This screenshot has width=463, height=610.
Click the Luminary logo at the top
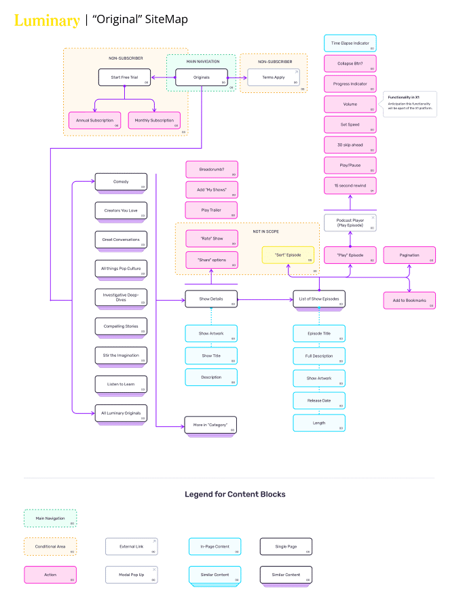47,20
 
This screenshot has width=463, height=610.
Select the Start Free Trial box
124,78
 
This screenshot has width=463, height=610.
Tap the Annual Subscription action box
95,120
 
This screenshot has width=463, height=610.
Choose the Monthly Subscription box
154,120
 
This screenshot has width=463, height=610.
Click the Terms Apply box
273,77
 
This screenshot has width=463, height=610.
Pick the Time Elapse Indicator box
350,43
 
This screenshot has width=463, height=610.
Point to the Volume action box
350,104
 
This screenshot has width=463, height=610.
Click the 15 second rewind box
350,185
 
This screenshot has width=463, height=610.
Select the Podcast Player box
350,223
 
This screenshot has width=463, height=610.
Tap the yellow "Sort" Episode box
288,254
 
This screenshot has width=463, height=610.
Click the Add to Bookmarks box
409,300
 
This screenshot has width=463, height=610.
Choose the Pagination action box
409,255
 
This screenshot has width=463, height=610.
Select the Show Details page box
211,299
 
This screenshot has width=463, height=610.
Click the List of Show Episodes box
319,299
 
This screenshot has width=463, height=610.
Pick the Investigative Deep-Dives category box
121,297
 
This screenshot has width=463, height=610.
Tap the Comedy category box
121,182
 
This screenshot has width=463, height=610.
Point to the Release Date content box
319,400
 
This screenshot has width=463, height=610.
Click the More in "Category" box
210,425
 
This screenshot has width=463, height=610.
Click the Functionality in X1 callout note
409,104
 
